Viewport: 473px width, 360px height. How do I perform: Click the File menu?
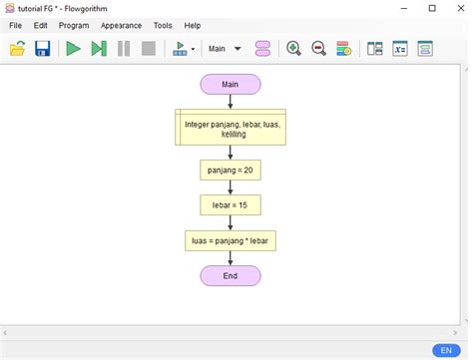[x=15, y=25]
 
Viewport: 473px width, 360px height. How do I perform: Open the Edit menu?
[x=40, y=25]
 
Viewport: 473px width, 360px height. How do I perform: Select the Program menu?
[x=74, y=25]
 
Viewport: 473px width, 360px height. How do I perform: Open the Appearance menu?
[x=121, y=25]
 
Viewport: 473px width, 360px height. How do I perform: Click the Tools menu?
[x=163, y=25]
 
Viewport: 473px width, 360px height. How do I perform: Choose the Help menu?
[x=193, y=25]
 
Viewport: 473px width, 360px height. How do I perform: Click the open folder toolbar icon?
[x=18, y=48]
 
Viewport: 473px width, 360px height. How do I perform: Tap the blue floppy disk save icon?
[x=43, y=48]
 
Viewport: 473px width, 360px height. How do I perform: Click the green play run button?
[x=73, y=48]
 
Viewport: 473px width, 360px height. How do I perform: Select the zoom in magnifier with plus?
[x=293, y=48]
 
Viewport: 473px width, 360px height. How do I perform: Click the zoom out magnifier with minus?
[x=318, y=48]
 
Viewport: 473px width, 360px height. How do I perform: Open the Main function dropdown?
[x=225, y=48]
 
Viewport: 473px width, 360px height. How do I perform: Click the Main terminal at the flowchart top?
[x=231, y=84]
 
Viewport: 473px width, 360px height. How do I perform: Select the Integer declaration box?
[x=231, y=128]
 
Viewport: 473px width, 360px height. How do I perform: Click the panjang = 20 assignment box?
[x=231, y=171]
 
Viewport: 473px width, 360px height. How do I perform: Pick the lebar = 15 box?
[x=231, y=205]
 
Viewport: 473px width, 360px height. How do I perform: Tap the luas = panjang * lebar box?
[x=231, y=240]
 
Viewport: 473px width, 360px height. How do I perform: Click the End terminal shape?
[x=231, y=275]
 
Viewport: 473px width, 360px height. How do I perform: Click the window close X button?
[x=457, y=8]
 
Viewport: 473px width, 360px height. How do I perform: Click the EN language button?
[x=446, y=350]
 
